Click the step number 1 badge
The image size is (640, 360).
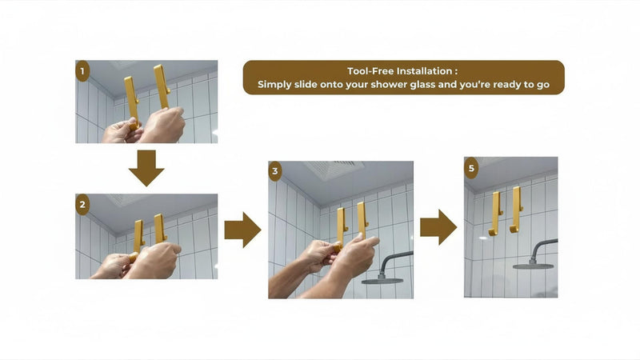coord(82,71)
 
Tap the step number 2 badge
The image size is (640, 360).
coord(82,204)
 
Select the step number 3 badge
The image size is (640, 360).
coord(275,171)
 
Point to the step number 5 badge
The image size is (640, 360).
coord(471,168)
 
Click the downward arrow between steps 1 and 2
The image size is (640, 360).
coord(146,168)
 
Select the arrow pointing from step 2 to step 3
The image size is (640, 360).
coord(243,230)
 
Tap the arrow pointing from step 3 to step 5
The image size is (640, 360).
coord(438,227)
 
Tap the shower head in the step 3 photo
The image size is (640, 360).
coord(384,274)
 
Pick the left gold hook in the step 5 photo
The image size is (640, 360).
coord(496,214)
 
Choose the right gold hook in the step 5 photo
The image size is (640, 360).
coord(516,210)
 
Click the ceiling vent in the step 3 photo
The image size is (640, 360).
coord(334,169)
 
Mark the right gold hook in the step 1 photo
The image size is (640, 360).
coord(162,86)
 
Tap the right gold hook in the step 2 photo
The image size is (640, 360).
coord(160,228)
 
